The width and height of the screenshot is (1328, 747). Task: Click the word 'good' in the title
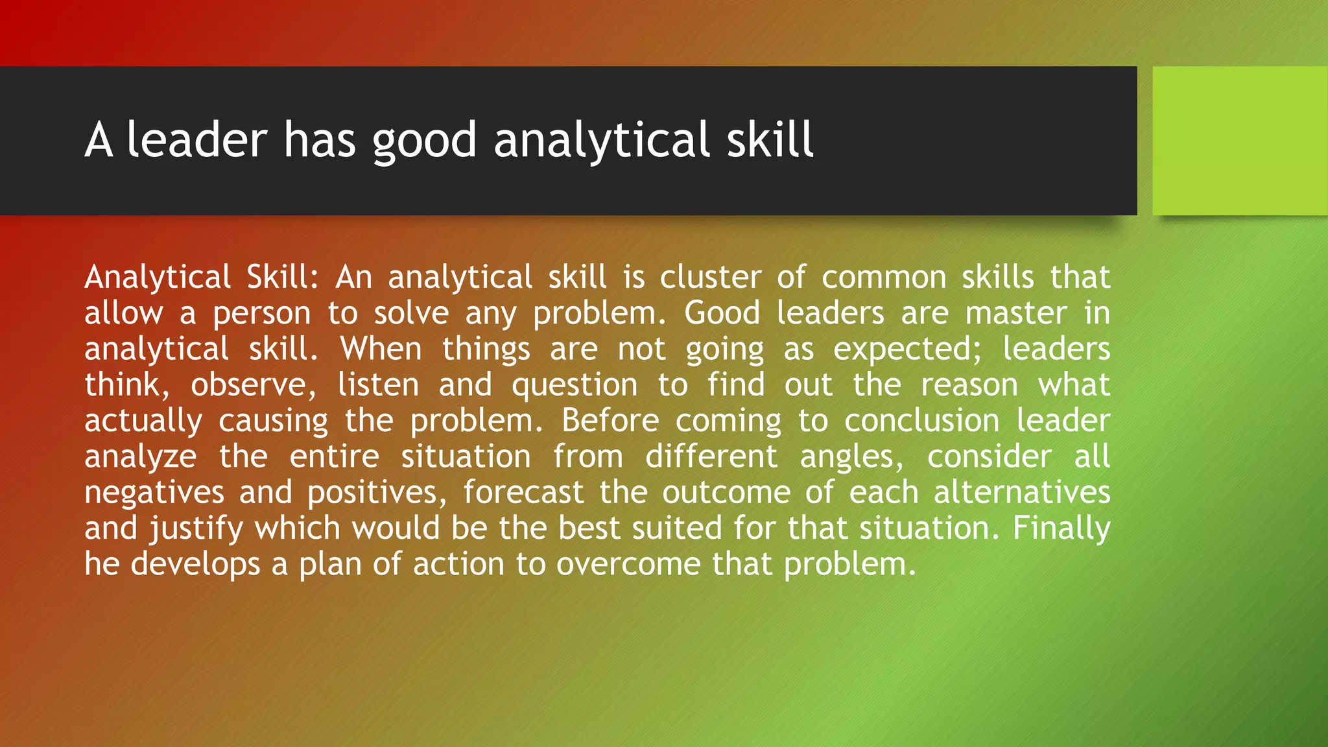[424, 141]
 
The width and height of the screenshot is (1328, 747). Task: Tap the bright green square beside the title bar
[1239, 141]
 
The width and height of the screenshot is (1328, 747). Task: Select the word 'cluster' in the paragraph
[711, 278]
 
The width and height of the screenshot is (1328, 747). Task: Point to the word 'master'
[1015, 314]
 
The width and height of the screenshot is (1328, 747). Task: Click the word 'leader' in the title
[196, 140]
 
